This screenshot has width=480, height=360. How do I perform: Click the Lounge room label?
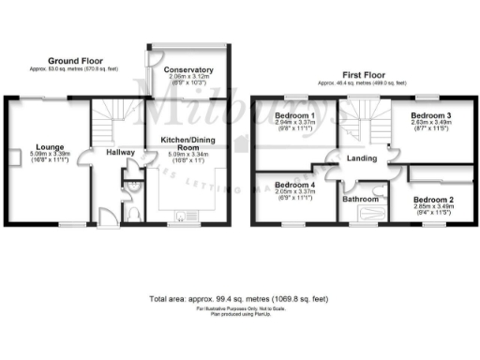pos(49,147)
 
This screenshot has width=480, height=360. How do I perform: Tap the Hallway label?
pos(119,152)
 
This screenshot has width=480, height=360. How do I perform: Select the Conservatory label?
pos(188,70)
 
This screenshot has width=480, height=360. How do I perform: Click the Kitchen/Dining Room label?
pos(188,143)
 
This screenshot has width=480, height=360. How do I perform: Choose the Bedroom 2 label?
pos(433,201)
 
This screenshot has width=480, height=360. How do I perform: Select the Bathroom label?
pos(360,200)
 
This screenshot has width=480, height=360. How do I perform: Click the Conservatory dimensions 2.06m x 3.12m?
pos(188,78)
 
